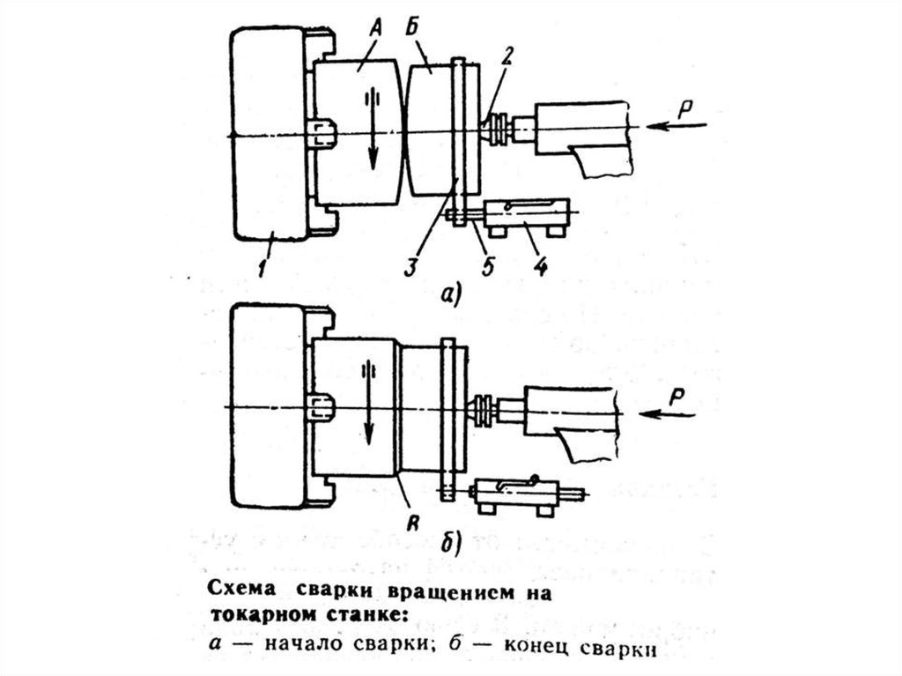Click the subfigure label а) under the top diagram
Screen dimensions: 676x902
(x=448, y=296)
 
